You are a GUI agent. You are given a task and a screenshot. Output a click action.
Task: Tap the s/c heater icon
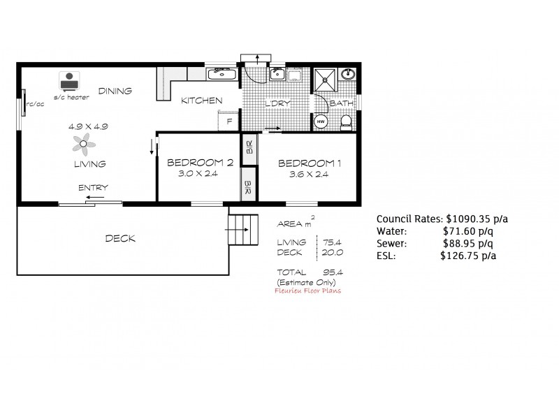[68, 81]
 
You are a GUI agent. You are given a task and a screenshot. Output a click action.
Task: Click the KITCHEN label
[201, 101]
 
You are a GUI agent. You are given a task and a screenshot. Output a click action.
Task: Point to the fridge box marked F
[228, 121]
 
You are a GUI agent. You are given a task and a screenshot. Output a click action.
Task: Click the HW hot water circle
[321, 121]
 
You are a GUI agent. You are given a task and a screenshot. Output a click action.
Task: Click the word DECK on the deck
[119, 239]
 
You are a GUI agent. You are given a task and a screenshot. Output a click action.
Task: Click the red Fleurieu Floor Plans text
[308, 291]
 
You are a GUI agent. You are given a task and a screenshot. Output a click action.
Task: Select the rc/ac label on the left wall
[35, 105]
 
